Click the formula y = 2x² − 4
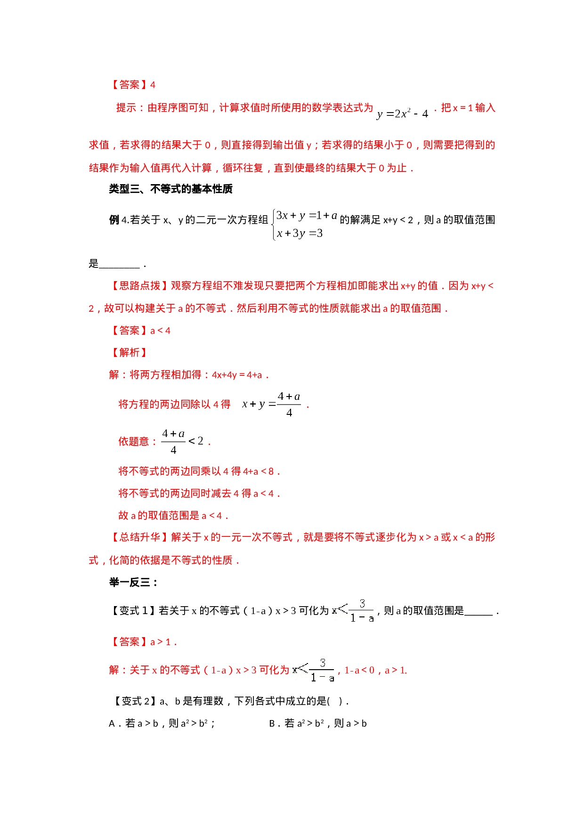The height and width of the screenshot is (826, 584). [x=402, y=113]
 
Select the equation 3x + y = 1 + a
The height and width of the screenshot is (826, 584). [x=307, y=216]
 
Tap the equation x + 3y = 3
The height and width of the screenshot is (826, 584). [x=300, y=233]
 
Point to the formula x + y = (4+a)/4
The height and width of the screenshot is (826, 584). [x=271, y=404]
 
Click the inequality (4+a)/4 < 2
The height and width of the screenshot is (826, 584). [x=182, y=441]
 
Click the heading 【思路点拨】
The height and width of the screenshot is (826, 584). [x=139, y=286]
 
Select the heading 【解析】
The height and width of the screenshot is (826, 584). [x=129, y=353]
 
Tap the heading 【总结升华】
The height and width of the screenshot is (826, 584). [x=139, y=537]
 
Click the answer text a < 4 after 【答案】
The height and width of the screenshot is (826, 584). [x=160, y=331]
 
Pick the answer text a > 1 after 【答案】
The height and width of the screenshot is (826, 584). [x=160, y=642]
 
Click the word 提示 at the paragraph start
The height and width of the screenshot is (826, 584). [x=126, y=108]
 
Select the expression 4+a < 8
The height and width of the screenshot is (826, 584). [x=258, y=471]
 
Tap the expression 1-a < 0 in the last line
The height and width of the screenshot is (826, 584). [x=359, y=670]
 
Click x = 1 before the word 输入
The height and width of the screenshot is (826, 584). [x=462, y=108]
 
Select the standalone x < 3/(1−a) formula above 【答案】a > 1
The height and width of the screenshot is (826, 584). [x=351, y=611]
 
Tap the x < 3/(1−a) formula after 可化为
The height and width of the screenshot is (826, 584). [x=312, y=671]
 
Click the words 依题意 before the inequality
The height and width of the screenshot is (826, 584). [x=133, y=442]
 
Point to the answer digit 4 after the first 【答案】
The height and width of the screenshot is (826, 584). [x=153, y=85]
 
